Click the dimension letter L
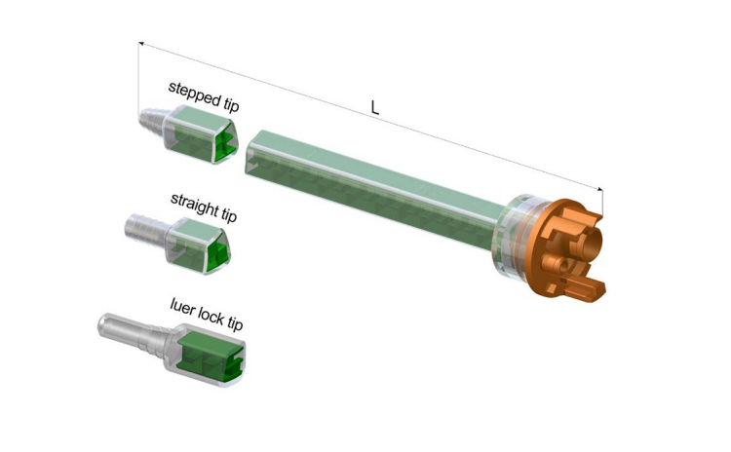(x=375, y=107)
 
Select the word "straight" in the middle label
(x=195, y=205)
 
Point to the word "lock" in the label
(x=212, y=315)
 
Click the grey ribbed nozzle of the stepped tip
(x=154, y=121)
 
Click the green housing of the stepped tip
(x=201, y=134)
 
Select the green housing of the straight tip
(x=198, y=245)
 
